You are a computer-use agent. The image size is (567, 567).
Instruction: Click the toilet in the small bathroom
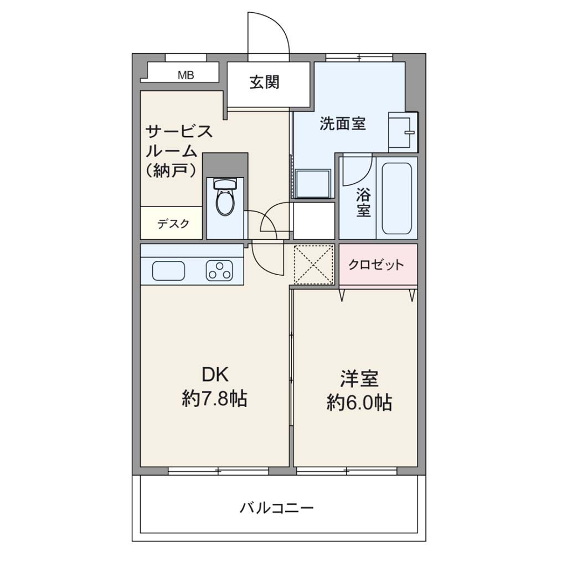point(225,197)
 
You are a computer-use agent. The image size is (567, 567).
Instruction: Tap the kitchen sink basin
point(168,270)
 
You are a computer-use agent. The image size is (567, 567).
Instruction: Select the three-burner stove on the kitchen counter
point(219,270)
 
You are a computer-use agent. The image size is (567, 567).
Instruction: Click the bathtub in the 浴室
point(396,198)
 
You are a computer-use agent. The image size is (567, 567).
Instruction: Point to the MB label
point(186,75)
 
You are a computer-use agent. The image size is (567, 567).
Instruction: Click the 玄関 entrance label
point(265,83)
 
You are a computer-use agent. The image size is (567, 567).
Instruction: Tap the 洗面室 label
point(342,123)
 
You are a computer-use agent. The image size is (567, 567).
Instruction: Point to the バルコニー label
point(277,508)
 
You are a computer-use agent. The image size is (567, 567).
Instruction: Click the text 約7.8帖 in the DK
point(214,399)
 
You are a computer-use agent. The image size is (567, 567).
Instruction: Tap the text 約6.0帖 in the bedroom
point(359,402)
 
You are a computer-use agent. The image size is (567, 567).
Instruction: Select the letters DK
point(215,375)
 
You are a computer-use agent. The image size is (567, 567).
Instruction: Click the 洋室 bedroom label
point(359,379)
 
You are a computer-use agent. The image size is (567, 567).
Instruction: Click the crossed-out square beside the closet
point(314,265)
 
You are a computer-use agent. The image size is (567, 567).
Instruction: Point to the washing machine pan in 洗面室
point(313,184)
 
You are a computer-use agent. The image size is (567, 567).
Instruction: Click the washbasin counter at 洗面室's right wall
point(403,132)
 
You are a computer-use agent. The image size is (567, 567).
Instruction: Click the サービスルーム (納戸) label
point(179,151)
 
